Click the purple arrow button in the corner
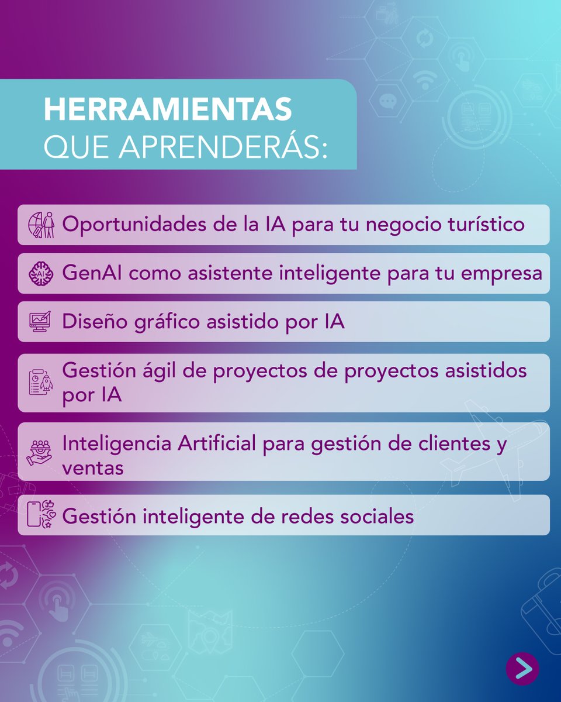(x=522, y=668)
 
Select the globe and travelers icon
(x=41, y=225)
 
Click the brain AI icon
(x=41, y=273)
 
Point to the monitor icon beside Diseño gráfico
(x=41, y=322)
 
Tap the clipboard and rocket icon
(x=41, y=382)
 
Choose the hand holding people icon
(x=40, y=451)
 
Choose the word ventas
(x=93, y=468)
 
